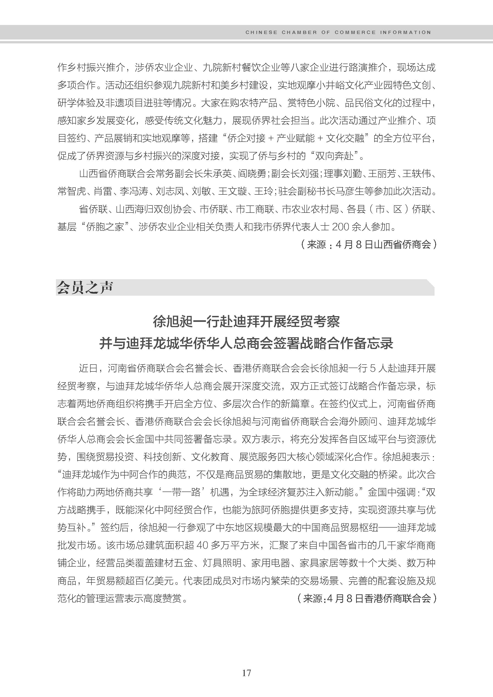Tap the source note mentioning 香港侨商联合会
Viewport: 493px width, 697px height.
366,598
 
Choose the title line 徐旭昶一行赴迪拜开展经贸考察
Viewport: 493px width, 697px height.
246,322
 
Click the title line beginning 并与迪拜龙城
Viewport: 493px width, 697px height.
246,343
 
